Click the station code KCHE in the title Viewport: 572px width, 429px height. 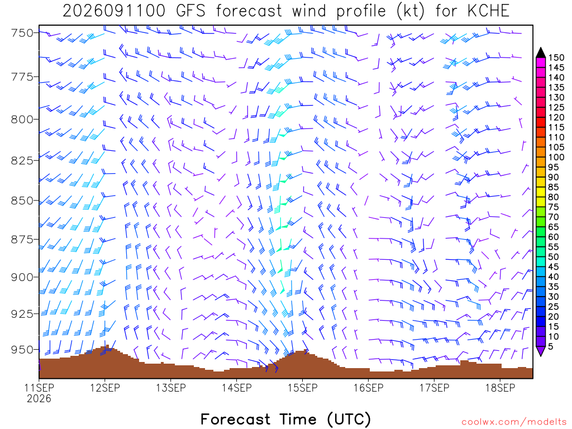tap(488, 11)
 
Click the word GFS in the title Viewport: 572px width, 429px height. tap(190, 11)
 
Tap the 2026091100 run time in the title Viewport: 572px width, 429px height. tap(114, 11)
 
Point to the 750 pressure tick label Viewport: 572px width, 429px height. tap(22, 33)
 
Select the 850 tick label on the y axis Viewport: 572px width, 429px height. tap(22, 201)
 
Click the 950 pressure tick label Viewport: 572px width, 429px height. tap(22, 350)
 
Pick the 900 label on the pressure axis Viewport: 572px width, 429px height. tap(22, 277)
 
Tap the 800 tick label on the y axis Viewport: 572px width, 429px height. tap(22, 120)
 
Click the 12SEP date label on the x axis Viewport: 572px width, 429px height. tap(105, 388)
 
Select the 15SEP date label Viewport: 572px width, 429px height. tap(302, 388)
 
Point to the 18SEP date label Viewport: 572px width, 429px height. tap(500, 388)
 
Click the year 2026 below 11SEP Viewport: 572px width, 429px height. tap(39, 398)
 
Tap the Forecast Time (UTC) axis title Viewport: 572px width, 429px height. tap(285, 419)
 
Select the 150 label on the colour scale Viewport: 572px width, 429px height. tap(556, 58)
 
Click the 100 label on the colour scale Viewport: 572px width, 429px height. tap(556, 157)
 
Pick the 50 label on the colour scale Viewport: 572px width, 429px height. tap(554, 257)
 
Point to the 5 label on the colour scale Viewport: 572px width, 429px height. tap(551, 346)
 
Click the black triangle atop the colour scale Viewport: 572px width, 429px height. tap(541, 53)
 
